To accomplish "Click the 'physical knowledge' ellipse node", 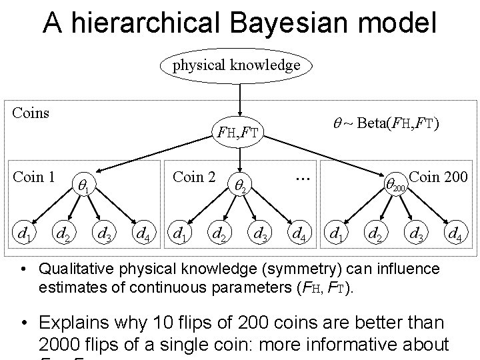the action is [x=236, y=65].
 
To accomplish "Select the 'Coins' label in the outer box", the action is [x=31, y=113].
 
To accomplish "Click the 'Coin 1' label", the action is [x=34, y=177].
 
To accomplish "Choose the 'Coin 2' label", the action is [x=194, y=177].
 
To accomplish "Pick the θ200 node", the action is [x=395, y=185].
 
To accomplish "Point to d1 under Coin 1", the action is [x=25, y=234].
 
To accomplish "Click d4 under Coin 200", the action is [x=455, y=234].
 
